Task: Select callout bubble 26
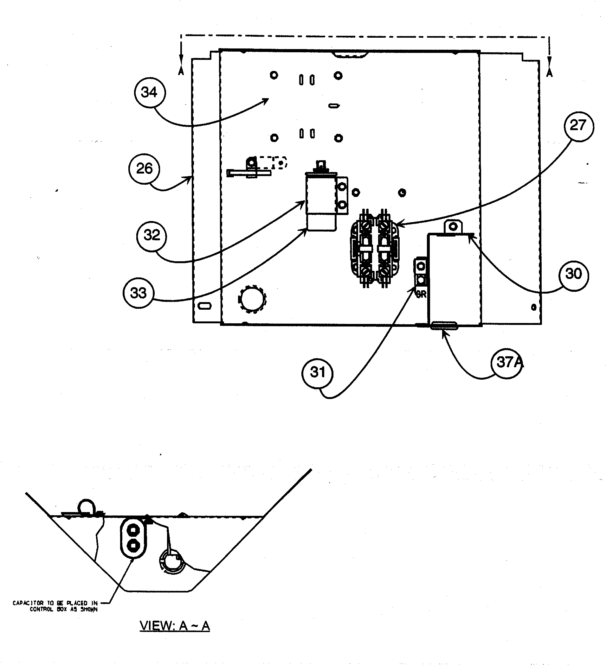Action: pos(144,169)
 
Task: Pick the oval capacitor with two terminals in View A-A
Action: pos(133,538)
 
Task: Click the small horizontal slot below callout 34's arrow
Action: pos(334,106)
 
